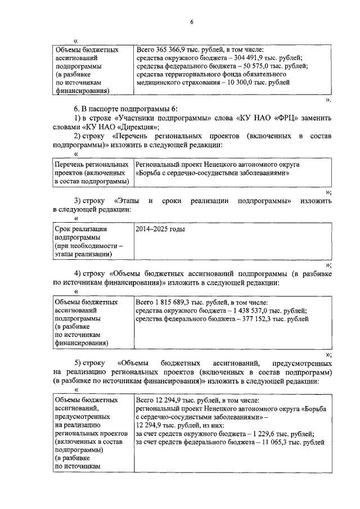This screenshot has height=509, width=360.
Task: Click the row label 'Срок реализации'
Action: [x=80, y=229]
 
